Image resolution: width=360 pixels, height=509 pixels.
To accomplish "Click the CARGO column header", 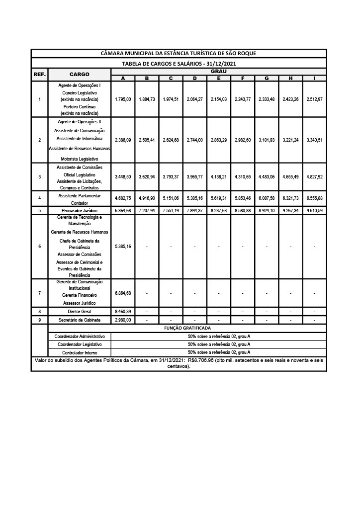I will (x=80, y=75).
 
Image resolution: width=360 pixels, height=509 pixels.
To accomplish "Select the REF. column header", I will (x=40, y=75).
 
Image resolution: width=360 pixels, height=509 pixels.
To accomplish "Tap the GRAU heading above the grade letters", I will (x=219, y=72).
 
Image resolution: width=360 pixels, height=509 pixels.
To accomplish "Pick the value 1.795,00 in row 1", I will (x=123, y=99).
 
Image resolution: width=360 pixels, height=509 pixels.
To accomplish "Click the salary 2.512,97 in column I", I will (x=315, y=99).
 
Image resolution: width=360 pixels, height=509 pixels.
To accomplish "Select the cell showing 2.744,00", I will (x=195, y=140).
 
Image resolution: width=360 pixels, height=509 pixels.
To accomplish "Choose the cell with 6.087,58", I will (x=267, y=198).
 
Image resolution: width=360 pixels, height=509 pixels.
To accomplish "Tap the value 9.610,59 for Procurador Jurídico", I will (x=315, y=211).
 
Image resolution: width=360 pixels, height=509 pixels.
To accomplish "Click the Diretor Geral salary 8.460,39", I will (x=123, y=311).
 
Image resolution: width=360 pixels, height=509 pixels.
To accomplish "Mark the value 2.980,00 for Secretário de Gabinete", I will (x=123, y=320).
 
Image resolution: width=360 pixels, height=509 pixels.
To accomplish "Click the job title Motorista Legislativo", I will (x=80, y=159).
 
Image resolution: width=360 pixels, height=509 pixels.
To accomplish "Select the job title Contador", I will (x=80, y=203).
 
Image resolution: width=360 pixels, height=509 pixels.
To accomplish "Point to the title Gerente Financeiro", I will (x=80, y=295).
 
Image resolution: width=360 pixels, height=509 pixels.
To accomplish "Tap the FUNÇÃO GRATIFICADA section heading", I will (x=187, y=329).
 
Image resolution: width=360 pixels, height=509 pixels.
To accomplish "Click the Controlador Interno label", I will (x=80, y=352).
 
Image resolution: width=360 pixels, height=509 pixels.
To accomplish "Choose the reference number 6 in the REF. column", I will (x=40, y=247).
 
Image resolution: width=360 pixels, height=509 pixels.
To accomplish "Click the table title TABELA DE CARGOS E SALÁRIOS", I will (x=179, y=64).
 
